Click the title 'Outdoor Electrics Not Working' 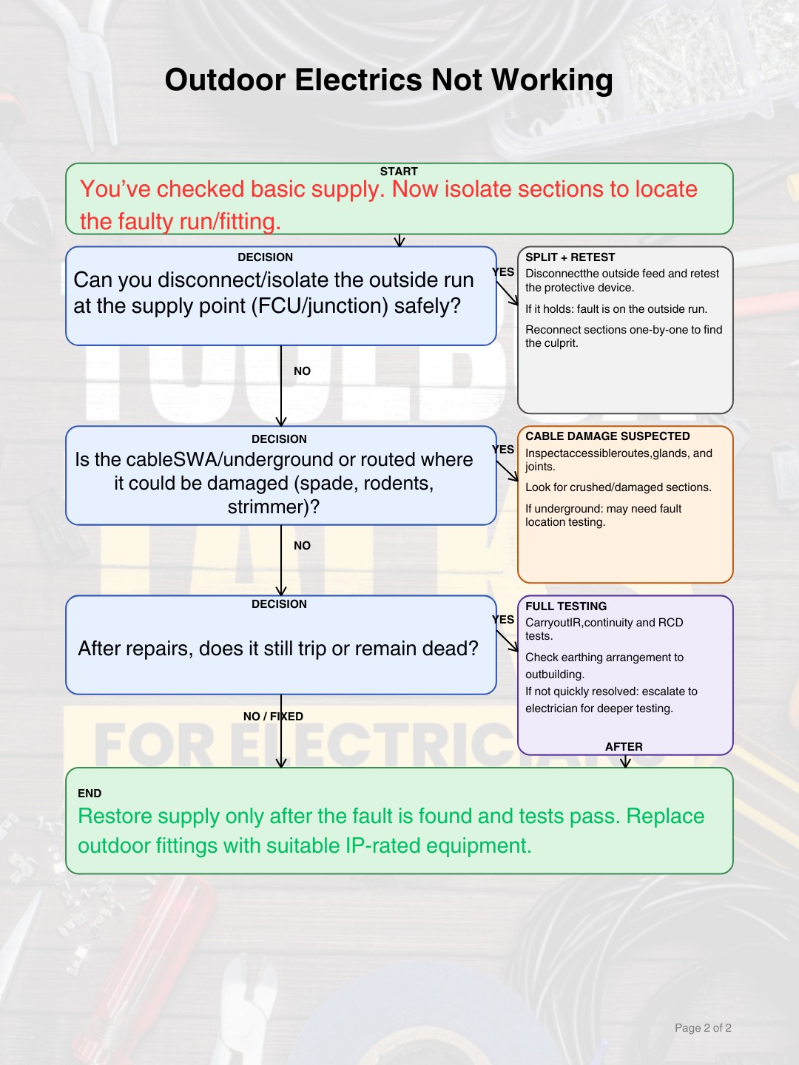pyautogui.click(x=388, y=80)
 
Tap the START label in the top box pyautogui.click(x=399, y=172)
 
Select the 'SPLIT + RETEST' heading pyautogui.click(x=570, y=257)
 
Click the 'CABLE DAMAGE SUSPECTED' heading pyautogui.click(x=607, y=436)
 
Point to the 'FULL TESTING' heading pyautogui.click(x=566, y=606)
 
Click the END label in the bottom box pyautogui.click(x=90, y=794)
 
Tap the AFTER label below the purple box pyautogui.click(x=624, y=747)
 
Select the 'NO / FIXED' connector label pyautogui.click(x=273, y=716)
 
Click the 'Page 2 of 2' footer pyautogui.click(x=703, y=1027)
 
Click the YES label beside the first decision pyautogui.click(x=503, y=272)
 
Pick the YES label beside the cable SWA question pyautogui.click(x=503, y=450)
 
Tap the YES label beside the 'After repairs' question pyautogui.click(x=503, y=620)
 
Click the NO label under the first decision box pyautogui.click(x=303, y=371)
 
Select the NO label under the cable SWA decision pyautogui.click(x=303, y=545)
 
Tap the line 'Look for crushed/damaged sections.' pyautogui.click(x=618, y=487)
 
